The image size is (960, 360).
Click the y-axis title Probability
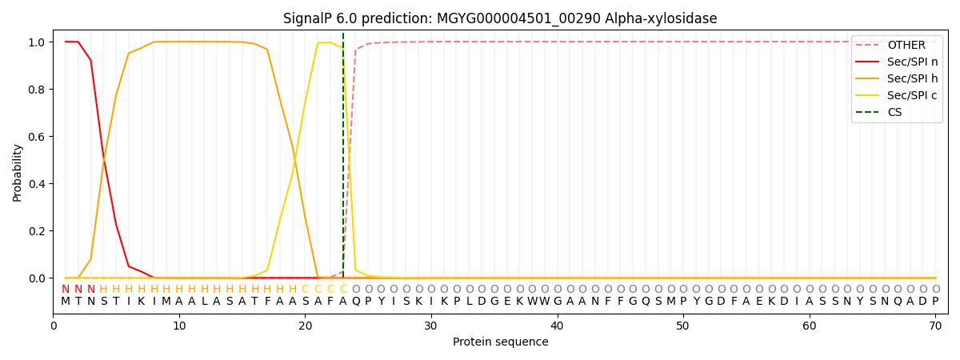pyautogui.click(x=18, y=172)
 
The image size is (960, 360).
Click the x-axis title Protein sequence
pyautogui.click(x=500, y=342)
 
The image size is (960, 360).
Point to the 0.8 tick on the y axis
pyautogui.click(x=36, y=90)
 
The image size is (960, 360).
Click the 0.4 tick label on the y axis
pyautogui.click(x=36, y=184)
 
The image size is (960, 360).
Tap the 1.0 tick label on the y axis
pyautogui.click(x=36, y=42)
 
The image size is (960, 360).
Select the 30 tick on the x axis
pyautogui.click(x=431, y=325)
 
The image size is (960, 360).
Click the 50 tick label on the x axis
pyautogui.click(x=683, y=325)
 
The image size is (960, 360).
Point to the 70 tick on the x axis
pyautogui.click(x=935, y=325)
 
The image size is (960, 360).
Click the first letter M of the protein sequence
pyautogui.click(x=66, y=302)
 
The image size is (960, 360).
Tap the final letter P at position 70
pyautogui.click(x=935, y=302)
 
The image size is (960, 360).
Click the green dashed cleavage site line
pyautogui.click(x=343, y=160)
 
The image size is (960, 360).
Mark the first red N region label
pyautogui.click(x=66, y=289)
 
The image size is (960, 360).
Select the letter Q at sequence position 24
pyautogui.click(x=356, y=302)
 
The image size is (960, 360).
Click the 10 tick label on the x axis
pyautogui.click(x=179, y=325)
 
